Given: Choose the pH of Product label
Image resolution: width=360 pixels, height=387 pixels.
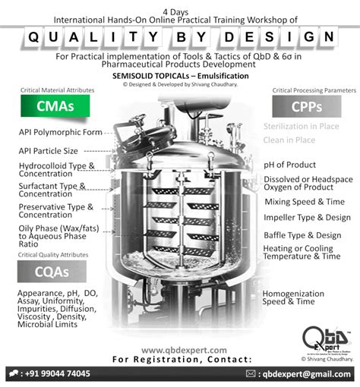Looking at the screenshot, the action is click(x=290, y=165).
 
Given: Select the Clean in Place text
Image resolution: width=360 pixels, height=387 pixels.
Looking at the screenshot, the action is click(x=289, y=140).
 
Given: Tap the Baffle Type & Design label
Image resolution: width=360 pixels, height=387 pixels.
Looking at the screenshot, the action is click(x=302, y=235).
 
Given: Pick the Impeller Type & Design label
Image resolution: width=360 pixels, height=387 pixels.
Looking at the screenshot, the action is click(x=307, y=218).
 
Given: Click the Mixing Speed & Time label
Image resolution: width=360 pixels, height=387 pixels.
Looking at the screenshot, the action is click(x=304, y=202).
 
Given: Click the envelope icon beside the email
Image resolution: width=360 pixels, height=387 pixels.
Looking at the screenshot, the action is click(x=252, y=374).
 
